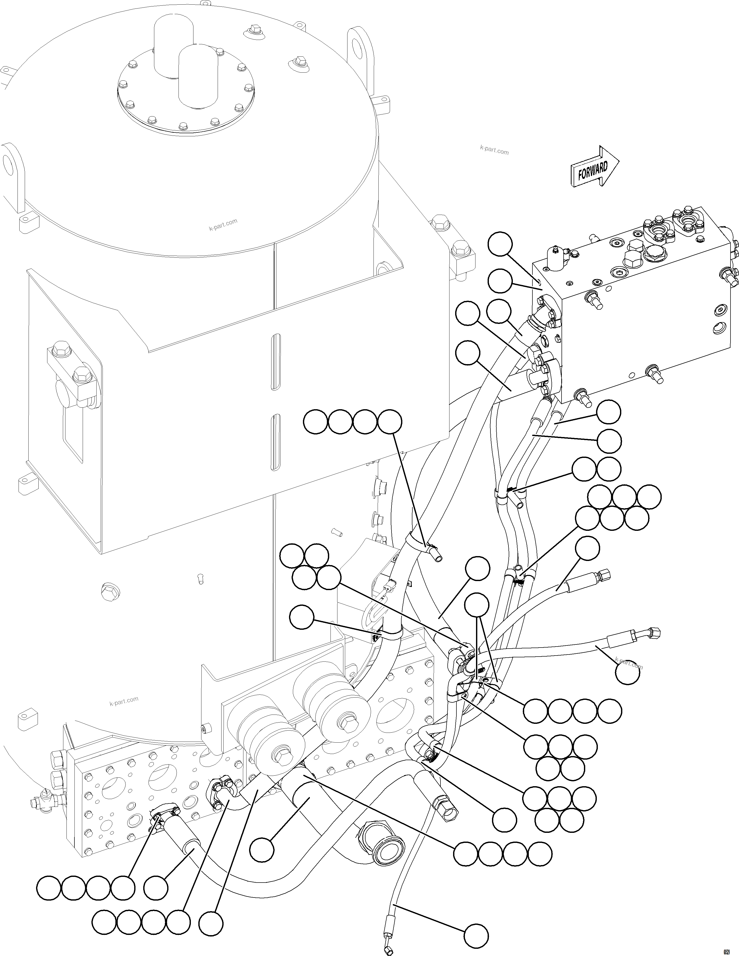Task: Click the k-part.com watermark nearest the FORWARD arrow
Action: coord(494,150)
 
